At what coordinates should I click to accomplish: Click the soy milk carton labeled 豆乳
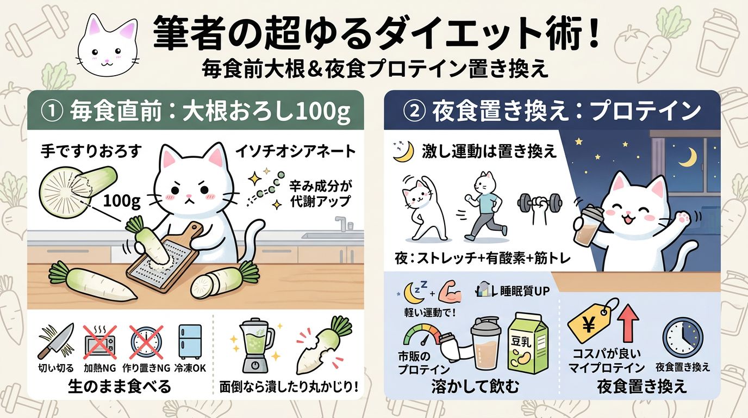[x=528, y=343]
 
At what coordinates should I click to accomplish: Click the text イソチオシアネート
[x=296, y=151]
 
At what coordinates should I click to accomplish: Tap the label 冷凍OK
[x=190, y=368]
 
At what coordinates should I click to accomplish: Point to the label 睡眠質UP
[x=525, y=292]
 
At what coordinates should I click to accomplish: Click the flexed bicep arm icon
[x=451, y=292]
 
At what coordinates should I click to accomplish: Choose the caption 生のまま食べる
[x=119, y=387]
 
